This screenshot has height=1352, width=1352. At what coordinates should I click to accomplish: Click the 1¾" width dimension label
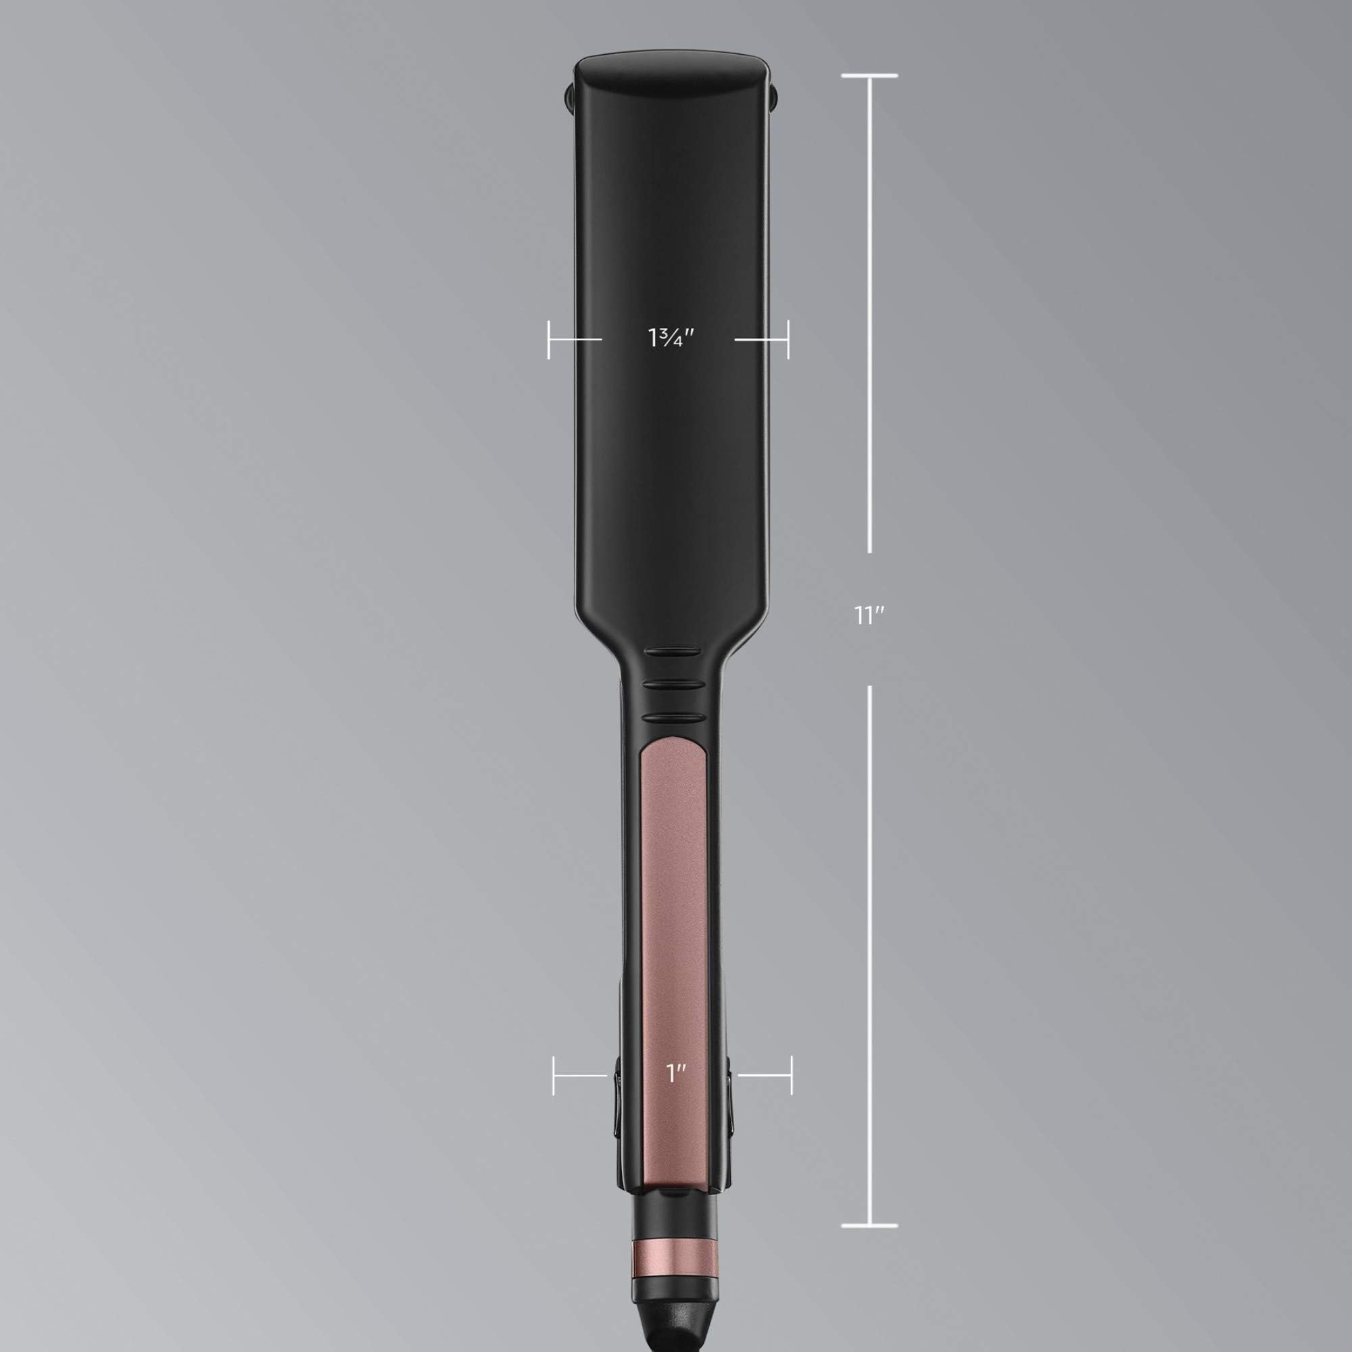click(x=670, y=338)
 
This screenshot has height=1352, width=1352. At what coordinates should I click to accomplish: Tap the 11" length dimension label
click(x=869, y=616)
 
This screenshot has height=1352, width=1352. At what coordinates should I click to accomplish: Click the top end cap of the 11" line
click(x=869, y=76)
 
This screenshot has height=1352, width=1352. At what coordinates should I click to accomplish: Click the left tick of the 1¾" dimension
click(x=549, y=339)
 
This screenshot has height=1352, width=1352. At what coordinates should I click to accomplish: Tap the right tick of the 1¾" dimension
click(x=788, y=339)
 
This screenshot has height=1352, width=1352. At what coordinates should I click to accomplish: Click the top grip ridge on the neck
click(x=673, y=652)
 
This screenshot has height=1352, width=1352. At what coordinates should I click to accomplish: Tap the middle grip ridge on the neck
click(x=673, y=684)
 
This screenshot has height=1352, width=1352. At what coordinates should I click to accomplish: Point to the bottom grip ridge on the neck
click(x=673, y=717)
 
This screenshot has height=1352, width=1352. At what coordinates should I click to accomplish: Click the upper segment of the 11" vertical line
click(x=870, y=315)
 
